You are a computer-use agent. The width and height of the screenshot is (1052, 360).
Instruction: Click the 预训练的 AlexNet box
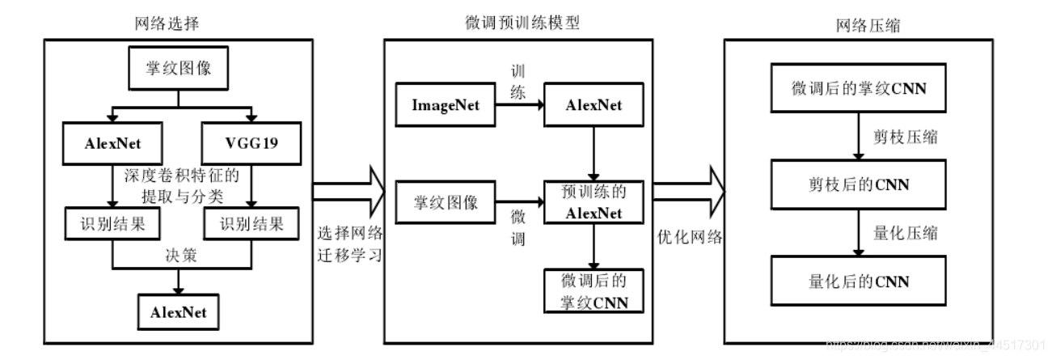(594, 202)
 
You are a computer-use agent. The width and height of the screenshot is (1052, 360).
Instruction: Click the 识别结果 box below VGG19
(251, 224)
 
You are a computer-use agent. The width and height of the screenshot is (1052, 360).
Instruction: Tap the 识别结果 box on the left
(111, 224)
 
